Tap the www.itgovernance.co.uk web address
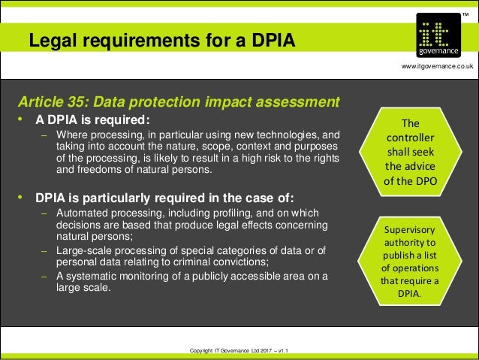point(438,67)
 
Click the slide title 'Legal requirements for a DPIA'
point(162,41)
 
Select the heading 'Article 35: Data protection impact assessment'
point(179,101)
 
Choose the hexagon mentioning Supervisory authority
point(414,260)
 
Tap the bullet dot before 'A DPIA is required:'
point(23,120)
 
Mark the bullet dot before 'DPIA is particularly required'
point(23,198)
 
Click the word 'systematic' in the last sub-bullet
point(90,276)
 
